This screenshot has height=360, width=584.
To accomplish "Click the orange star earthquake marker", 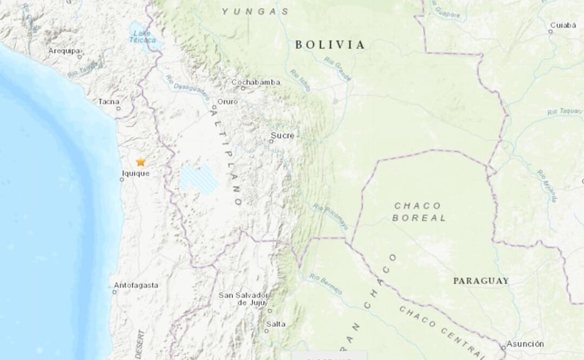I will coord(140,162).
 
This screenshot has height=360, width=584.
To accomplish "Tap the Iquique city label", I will coord(135,174).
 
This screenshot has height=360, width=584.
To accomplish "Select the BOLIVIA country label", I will coord(330,45).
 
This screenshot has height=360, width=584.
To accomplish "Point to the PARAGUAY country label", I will coord(480,281).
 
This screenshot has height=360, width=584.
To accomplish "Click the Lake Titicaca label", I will coord(142,36).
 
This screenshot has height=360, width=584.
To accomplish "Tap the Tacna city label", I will coord(109,101).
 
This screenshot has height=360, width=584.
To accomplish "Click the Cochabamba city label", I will coord(256,82).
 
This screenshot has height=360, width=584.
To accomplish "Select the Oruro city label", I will coord(227,101).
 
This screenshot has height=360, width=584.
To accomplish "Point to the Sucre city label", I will coord(282,136).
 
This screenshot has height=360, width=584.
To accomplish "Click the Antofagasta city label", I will coord(136,285).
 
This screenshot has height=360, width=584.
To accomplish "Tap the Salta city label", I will coord(276,324).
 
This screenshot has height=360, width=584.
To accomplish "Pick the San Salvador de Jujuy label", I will coord(243,299).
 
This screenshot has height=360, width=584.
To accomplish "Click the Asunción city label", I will coord(525,344).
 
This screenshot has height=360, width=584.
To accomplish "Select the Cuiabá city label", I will coord(562,25).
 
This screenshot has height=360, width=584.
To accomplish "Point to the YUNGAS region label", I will coord(254,11).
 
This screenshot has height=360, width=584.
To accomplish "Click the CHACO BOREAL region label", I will coord(418,212).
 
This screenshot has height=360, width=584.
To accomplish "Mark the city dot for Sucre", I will coord(272,142).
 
